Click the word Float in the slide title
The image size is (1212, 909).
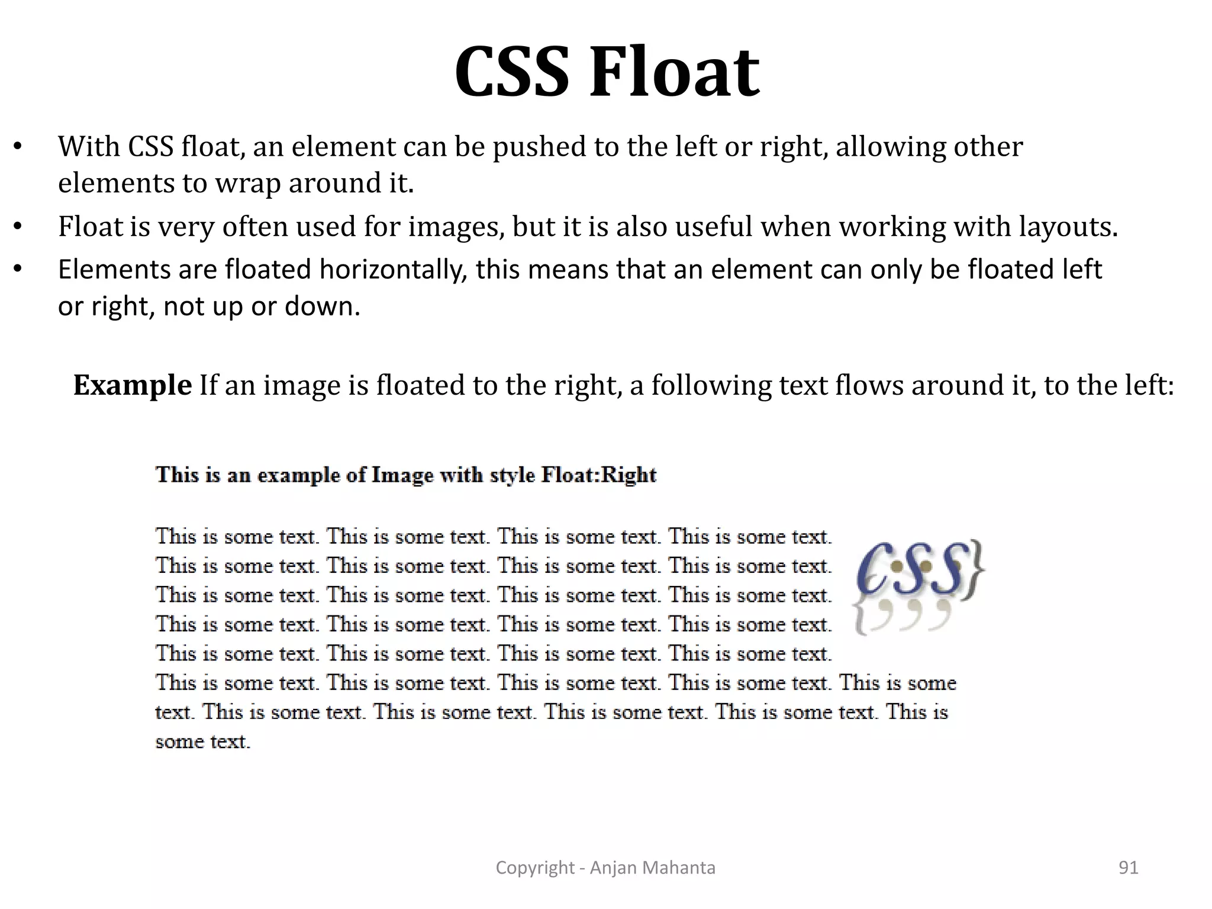674,72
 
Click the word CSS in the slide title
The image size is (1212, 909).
514,72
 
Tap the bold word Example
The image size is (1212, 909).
132,385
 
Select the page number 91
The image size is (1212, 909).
1129,868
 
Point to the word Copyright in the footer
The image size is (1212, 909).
535,868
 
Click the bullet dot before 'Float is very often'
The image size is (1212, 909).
18,227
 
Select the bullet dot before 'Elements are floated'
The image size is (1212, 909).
18,270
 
